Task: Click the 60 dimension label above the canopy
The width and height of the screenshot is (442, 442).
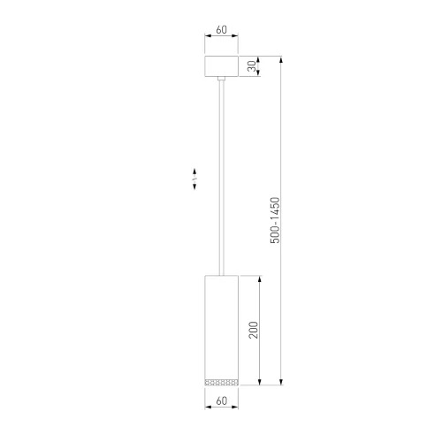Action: pyautogui.click(x=220, y=29)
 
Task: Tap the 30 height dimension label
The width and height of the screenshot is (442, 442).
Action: pyautogui.click(x=251, y=67)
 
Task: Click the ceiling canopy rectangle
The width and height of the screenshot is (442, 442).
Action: pyautogui.click(x=220, y=67)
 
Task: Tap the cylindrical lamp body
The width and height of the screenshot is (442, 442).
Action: pyautogui.click(x=220, y=323)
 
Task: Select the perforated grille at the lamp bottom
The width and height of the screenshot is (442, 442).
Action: pyautogui.click(x=220, y=382)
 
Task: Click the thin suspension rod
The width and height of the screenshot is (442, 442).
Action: pyautogui.click(x=220, y=177)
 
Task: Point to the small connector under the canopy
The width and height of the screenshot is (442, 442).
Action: pyautogui.click(x=220, y=81)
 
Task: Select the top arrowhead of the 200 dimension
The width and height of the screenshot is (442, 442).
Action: pyautogui.click(x=260, y=278)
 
